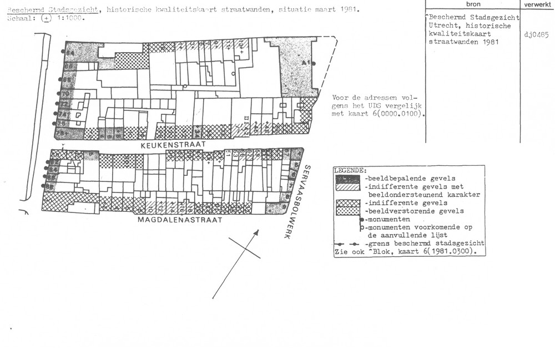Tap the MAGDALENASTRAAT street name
180,220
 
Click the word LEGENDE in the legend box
350,170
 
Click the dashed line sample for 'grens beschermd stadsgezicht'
349,244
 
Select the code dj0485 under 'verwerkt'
536,35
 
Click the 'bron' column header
473,4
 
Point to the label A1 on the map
306,64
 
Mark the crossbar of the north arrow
244,247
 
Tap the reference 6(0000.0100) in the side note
395,115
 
